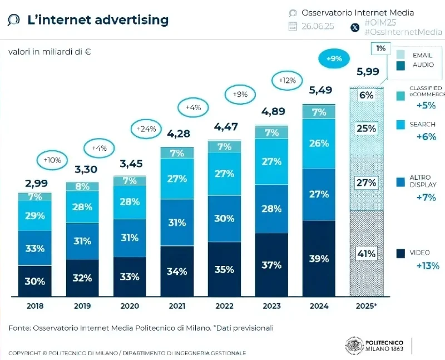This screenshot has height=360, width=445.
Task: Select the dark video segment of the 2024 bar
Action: click(319, 258)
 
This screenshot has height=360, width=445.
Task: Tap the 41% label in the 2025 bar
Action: click(367, 254)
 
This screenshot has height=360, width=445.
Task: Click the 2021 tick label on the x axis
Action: click(176, 306)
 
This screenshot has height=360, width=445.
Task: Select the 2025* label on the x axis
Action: click(366, 306)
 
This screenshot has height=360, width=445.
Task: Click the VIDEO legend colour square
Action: click(401, 254)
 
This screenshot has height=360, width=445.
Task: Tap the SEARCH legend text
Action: click(423, 124)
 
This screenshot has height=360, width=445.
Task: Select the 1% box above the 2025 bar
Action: click(380, 49)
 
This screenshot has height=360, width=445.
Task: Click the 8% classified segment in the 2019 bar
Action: click(82, 186)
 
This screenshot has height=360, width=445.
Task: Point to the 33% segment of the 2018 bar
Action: click(34, 248)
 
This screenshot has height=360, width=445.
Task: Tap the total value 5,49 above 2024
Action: click(319, 90)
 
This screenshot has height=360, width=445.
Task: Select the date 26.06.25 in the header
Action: click(318, 26)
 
